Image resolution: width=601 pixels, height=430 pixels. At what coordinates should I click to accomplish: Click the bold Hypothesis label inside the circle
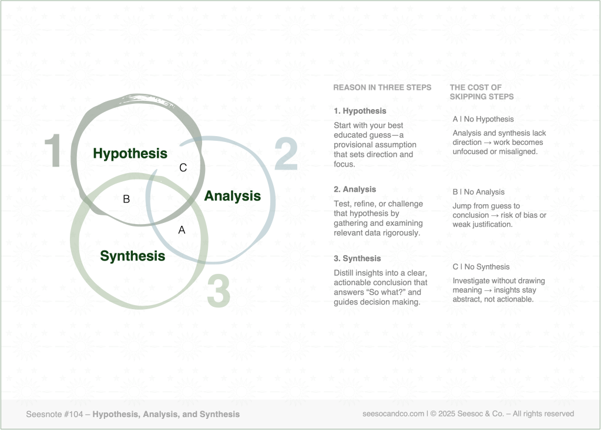click(x=130, y=154)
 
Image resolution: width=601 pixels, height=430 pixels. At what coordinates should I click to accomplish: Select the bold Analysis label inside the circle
click(x=232, y=196)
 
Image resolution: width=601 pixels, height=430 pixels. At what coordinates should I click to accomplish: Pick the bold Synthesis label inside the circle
click(x=132, y=256)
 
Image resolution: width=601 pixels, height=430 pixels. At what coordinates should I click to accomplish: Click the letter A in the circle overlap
click(x=182, y=231)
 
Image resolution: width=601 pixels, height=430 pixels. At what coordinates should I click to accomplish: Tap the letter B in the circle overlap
click(x=126, y=199)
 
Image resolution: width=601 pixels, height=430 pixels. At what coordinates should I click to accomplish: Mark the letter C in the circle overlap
click(x=183, y=168)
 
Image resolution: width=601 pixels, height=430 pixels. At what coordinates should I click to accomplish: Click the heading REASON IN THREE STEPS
click(x=382, y=87)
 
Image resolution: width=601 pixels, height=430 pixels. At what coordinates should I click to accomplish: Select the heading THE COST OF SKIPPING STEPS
click(x=481, y=92)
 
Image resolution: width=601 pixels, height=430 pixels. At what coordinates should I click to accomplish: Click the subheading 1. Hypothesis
click(x=360, y=111)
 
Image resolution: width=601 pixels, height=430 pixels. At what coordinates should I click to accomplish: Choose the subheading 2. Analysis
click(x=355, y=189)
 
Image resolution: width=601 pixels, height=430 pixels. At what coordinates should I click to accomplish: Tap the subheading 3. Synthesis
click(x=357, y=259)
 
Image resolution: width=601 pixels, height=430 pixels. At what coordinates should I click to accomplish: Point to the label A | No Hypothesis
click(x=483, y=119)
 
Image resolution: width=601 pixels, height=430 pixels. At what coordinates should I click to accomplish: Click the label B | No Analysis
click(x=478, y=192)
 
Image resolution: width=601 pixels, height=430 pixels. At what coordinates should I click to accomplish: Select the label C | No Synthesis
click(x=481, y=267)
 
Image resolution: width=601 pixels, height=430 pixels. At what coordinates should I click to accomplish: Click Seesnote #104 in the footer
click(x=53, y=414)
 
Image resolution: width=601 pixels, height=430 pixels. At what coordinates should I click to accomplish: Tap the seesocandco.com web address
click(x=394, y=414)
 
